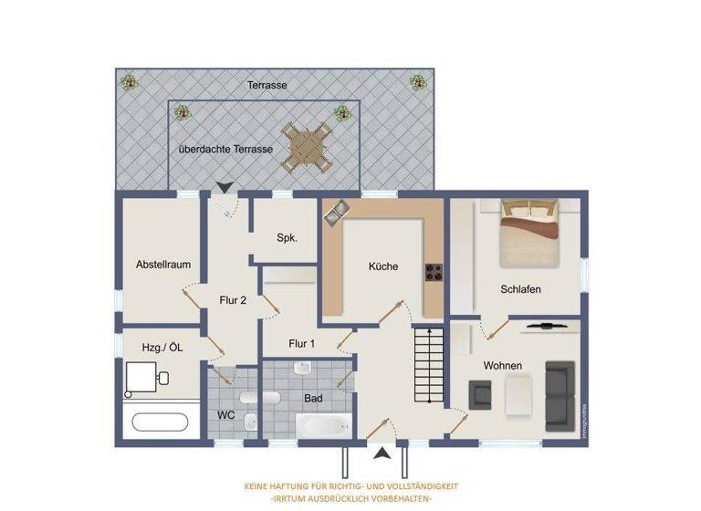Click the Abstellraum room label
(x=163, y=265)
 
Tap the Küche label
(x=383, y=267)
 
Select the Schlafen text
(x=521, y=289)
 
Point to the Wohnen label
(x=503, y=366)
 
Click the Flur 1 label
(x=302, y=344)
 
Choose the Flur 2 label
(x=234, y=299)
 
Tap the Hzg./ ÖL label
(x=163, y=347)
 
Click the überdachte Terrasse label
(x=225, y=148)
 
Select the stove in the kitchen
(x=434, y=271)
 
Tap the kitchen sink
(x=334, y=212)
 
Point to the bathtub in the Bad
(x=321, y=426)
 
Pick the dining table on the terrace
(x=306, y=147)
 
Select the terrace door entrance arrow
(x=224, y=187)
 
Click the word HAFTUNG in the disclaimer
(x=298, y=486)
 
